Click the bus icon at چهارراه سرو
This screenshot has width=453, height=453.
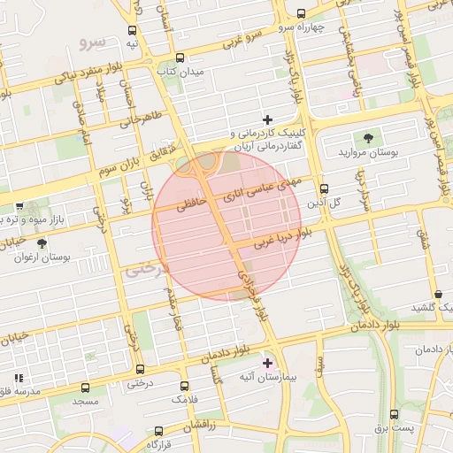pos(303,13)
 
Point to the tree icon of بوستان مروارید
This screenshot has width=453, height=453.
pos(368,137)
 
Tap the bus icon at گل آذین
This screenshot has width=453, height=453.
pos(324,188)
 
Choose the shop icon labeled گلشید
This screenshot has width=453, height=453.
pos(439,293)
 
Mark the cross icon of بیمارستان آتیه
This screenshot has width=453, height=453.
pos(268,363)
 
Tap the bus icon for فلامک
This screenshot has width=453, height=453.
pos(184,387)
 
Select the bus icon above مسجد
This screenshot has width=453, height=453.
pos(86,388)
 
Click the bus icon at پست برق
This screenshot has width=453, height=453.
pos(394,414)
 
